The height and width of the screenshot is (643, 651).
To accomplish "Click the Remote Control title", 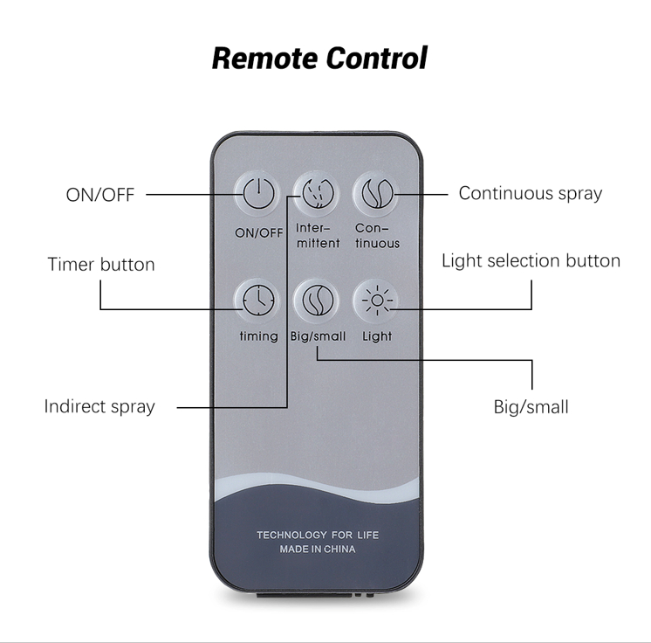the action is tap(319, 59).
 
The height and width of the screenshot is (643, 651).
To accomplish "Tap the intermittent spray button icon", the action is tap(318, 193).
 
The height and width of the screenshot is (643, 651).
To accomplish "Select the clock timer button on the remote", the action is tap(258, 300).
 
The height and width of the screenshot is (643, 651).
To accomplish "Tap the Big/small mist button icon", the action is tap(318, 300).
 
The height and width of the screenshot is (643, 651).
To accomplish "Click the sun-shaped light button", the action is tap(377, 300).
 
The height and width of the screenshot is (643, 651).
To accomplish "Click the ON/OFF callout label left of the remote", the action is tap(100, 195).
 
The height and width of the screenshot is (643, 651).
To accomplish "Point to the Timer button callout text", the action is tap(101, 265).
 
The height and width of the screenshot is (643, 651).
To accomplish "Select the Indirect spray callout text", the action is tap(99, 406).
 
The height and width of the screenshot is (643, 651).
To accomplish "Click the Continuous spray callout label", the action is tap(531, 194).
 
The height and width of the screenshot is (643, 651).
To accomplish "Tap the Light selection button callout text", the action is tap(531, 261).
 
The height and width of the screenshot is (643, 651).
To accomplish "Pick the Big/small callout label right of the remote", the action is tap(531, 407).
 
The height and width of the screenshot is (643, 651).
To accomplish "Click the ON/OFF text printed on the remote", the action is tap(258, 233).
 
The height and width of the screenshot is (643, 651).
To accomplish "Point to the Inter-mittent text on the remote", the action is tap(318, 235).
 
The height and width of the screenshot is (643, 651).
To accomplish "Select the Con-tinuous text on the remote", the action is tap(377, 235).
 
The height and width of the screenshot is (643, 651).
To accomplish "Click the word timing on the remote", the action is tap(258, 335).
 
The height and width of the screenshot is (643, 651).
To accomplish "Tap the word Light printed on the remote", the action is tap(377, 335).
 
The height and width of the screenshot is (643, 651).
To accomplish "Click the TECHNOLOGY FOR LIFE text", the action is tap(318, 535).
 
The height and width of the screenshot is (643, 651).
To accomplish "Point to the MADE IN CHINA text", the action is tap(318, 549).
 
